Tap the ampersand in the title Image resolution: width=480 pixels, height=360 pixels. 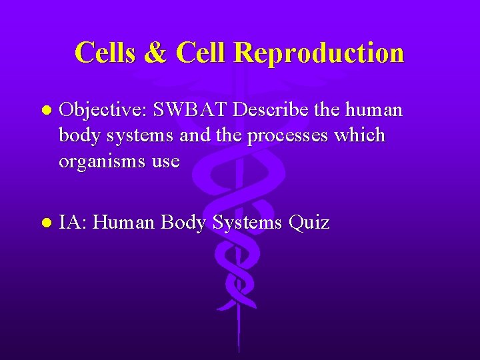coord(156,53)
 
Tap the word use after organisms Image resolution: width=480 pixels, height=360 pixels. coord(165,162)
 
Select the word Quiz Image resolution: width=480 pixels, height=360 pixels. coord(310,223)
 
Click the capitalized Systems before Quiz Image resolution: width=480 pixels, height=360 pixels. coord(248,223)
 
